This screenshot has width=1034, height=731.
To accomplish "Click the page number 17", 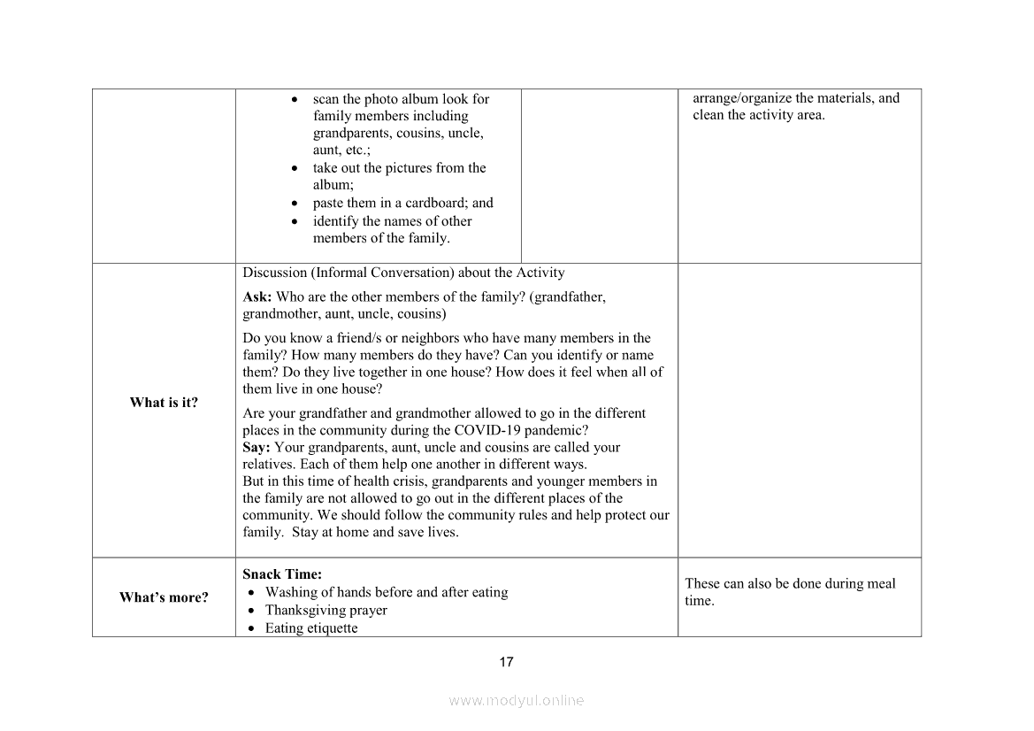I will [x=506, y=662].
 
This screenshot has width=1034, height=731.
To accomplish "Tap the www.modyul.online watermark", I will [x=517, y=700].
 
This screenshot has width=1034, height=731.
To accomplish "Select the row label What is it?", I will [x=164, y=403].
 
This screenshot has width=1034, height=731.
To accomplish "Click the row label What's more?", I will [x=164, y=597].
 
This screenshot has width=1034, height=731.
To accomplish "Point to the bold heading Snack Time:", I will [x=282, y=574].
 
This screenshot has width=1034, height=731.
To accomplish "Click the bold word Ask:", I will [x=257, y=297].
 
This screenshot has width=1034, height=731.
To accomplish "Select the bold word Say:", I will [x=257, y=448].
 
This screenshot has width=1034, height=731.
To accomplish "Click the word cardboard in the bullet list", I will [x=435, y=203].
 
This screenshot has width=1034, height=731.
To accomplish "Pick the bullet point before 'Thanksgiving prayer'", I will [x=254, y=611].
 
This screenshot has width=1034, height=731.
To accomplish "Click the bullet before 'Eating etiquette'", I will [x=254, y=628].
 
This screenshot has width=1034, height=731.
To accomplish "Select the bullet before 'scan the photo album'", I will [x=295, y=99].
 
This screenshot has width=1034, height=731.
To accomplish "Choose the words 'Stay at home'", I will [x=330, y=533].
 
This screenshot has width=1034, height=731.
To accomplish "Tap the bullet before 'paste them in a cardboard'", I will [x=295, y=204].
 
